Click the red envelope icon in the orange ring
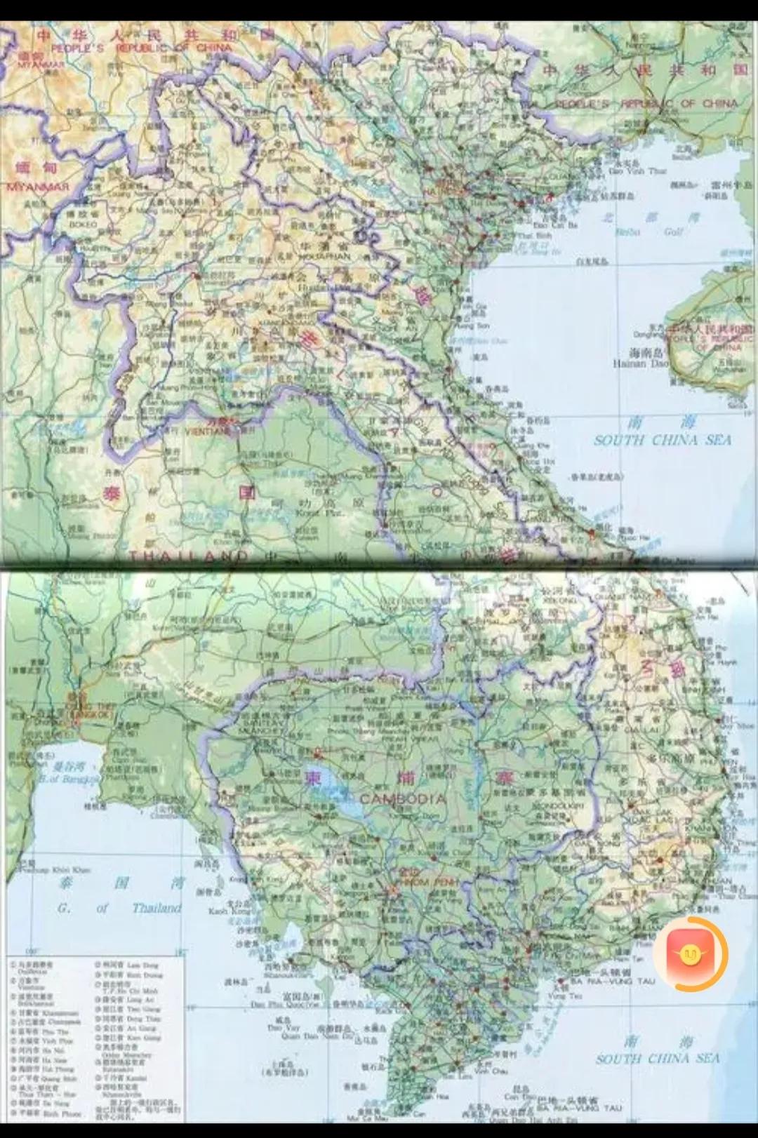690,954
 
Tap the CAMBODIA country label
402,799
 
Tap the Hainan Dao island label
639,363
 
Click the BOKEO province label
84,224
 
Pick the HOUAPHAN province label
324,256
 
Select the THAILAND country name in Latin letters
188,556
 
